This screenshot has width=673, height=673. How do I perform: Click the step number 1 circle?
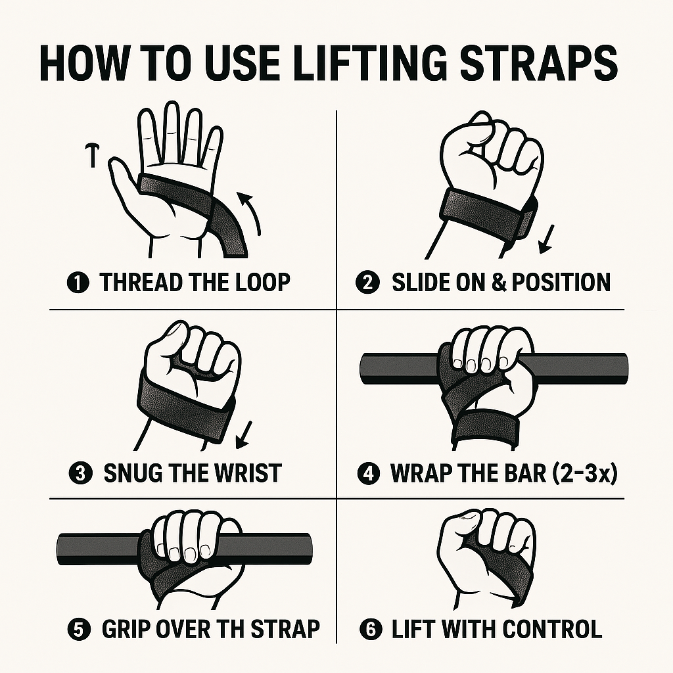click(78, 283)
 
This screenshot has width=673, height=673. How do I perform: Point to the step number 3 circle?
click(80, 473)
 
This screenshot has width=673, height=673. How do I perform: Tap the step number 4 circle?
click(369, 473)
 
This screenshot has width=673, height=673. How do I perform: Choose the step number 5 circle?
click(79, 629)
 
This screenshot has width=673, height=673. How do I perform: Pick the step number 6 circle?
click(370, 629)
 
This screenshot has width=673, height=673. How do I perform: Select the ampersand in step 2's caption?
click(499, 283)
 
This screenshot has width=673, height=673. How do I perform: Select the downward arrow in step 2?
click(546, 239)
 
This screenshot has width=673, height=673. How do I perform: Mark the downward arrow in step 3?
click(244, 435)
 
